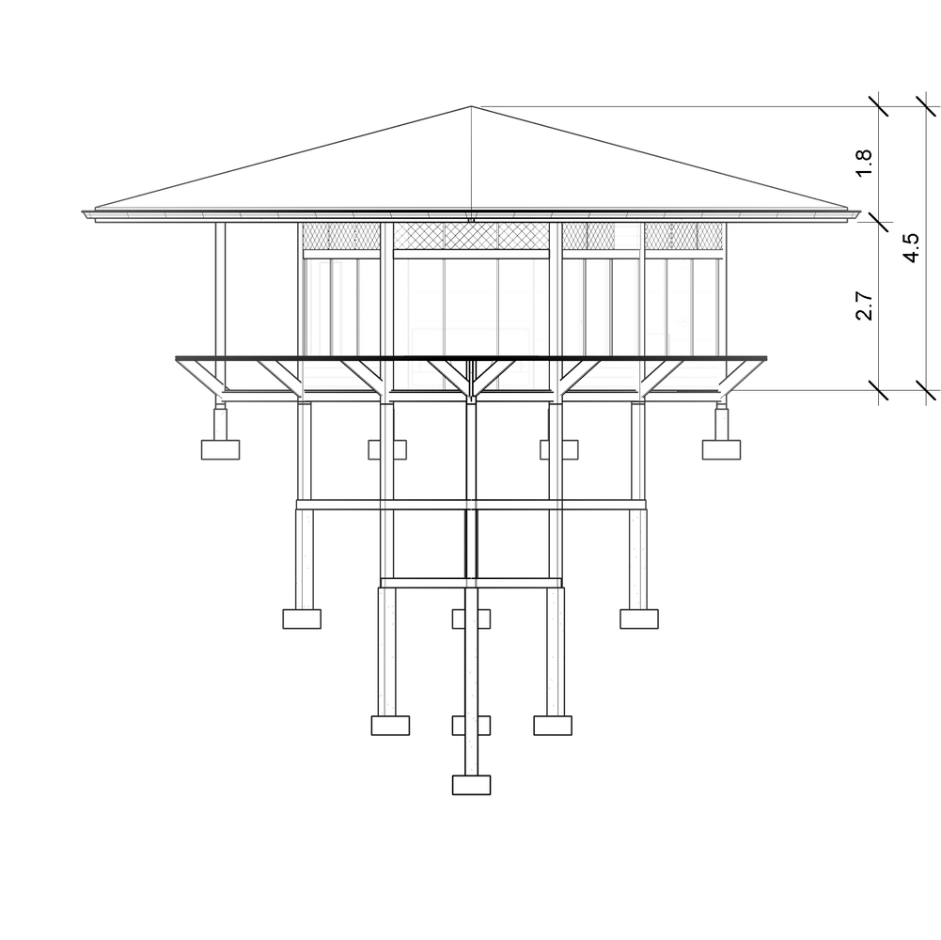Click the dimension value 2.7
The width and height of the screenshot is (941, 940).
click(864, 306)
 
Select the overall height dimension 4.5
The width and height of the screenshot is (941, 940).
click(910, 247)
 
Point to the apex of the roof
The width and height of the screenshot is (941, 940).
click(471, 107)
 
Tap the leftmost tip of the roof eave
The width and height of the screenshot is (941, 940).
click(82, 211)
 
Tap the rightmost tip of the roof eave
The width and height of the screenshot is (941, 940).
click(860, 211)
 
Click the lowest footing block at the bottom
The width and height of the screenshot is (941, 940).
click(471, 785)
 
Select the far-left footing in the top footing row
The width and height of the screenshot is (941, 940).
click(220, 449)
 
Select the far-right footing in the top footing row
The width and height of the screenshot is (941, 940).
click(721, 449)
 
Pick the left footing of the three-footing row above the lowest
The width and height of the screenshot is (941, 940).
click(390, 726)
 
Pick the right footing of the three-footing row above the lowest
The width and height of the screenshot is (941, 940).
click(553, 726)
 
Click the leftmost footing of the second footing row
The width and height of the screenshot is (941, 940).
click(302, 619)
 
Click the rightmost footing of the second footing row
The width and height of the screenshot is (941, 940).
click(639, 619)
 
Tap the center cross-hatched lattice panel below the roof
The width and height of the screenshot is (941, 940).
click(471, 236)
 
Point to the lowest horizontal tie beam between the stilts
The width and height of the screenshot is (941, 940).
click(471, 583)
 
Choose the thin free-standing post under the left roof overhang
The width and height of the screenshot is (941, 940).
click(220, 306)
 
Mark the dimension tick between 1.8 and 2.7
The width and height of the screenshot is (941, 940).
click(879, 221)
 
